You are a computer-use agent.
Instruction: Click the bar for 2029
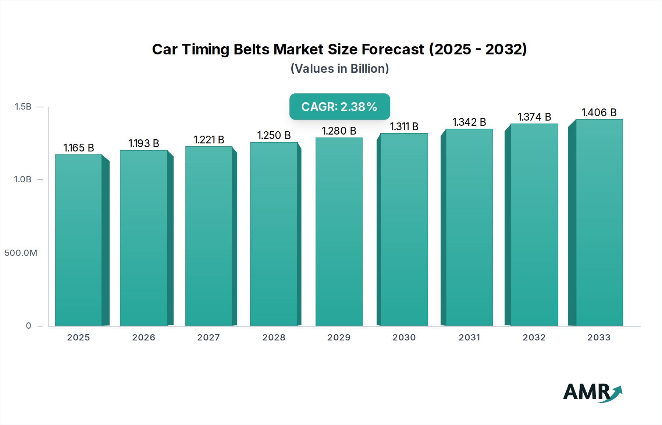(x=339, y=232)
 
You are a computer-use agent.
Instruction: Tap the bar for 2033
(x=599, y=222)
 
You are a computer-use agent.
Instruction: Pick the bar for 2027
(x=209, y=236)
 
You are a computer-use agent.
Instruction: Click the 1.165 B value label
(x=79, y=148)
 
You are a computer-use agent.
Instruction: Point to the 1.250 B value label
(x=274, y=135)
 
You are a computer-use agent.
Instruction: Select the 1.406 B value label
(x=599, y=113)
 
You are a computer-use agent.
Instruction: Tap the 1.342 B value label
(x=469, y=122)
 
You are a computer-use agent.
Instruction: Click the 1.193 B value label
(x=144, y=143)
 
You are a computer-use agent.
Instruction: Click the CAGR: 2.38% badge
(x=339, y=107)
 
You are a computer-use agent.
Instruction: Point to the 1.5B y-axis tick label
(x=23, y=107)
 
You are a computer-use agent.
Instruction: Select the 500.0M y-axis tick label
(x=21, y=253)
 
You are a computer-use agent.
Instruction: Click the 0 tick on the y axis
(x=29, y=326)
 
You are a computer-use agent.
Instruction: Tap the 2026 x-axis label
(x=144, y=337)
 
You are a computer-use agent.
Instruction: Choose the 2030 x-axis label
(x=404, y=337)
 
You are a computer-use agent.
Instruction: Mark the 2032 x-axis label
(x=534, y=337)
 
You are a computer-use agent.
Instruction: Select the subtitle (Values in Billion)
(x=339, y=69)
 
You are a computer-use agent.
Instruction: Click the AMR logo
(x=592, y=393)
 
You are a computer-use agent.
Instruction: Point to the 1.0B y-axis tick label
(x=23, y=179)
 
